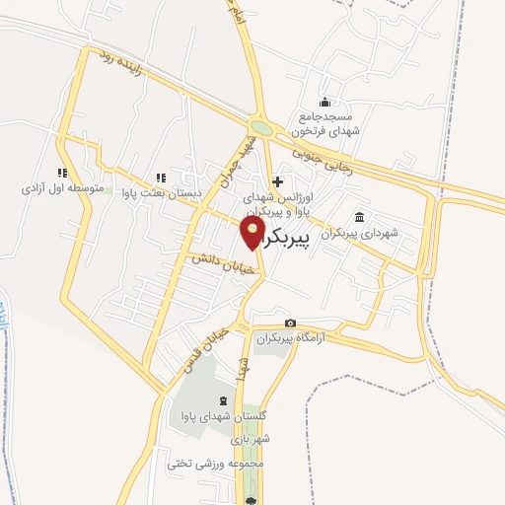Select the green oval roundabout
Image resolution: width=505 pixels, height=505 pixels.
[x=261, y=127]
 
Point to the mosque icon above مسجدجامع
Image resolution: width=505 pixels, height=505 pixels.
[x=325, y=103]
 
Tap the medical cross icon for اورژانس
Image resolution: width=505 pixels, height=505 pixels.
[x=278, y=181]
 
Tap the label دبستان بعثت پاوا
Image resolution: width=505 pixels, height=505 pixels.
[x=158, y=192]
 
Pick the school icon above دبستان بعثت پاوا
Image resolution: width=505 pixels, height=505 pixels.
[x=159, y=177]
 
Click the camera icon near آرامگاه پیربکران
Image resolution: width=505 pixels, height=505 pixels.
[x=290, y=324]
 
